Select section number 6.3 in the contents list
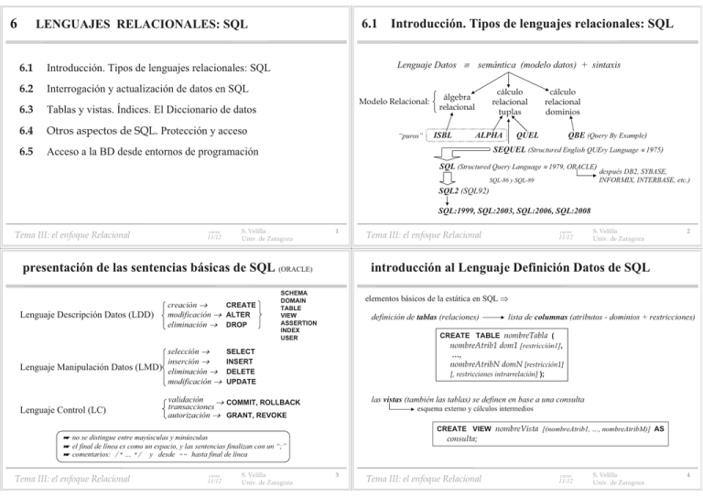click(31, 109)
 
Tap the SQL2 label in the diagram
click(452, 191)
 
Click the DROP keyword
click(237, 325)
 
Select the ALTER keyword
click(240, 314)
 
